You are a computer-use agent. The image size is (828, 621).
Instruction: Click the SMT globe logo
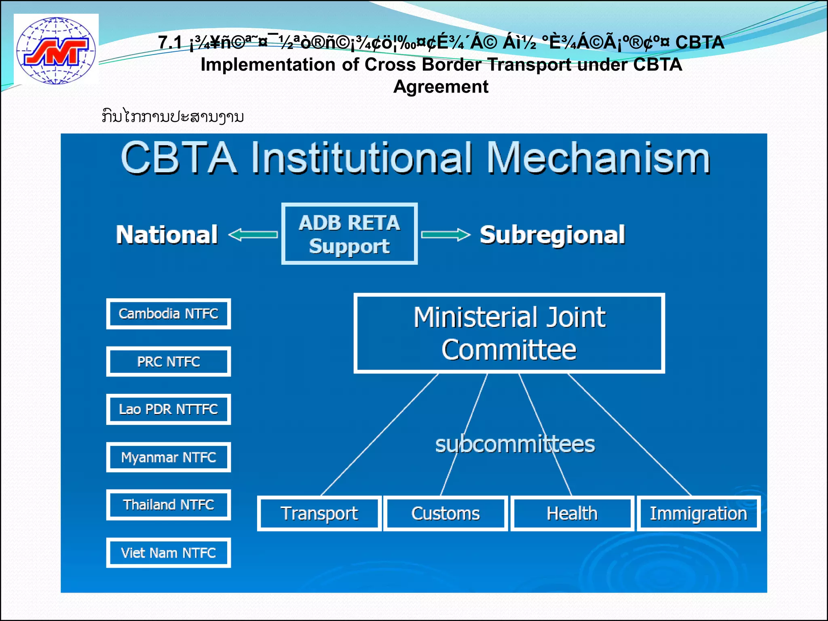click(x=56, y=50)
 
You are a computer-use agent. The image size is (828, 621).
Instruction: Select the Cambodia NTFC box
click(x=168, y=314)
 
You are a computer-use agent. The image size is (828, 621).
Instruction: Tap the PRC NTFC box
click(x=168, y=361)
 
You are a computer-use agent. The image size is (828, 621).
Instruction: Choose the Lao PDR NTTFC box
click(x=168, y=409)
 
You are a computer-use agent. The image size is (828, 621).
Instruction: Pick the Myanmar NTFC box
click(x=168, y=457)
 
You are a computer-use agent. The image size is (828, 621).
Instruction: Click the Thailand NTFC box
click(x=168, y=505)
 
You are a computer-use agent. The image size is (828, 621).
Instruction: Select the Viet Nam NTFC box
click(x=168, y=553)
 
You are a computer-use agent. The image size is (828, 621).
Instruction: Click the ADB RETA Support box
click(x=349, y=234)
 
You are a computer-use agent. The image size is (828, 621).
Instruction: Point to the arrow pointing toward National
click(x=253, y=234)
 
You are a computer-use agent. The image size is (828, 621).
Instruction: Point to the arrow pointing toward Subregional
click(x=446, y=234)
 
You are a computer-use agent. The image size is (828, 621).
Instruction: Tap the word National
click(x=167, y=235)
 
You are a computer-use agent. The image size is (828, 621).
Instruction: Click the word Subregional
click(x=552, y=235)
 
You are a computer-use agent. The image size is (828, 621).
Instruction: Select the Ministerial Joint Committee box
click(x=509, y=333)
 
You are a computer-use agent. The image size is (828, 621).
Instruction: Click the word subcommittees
click(x=515, y=444)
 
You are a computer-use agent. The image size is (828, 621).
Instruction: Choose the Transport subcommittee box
click(x=319, y=513)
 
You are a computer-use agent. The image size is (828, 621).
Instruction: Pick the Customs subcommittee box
click(x=446, y=513)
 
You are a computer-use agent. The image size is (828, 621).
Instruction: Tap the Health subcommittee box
click(x=572, y=513)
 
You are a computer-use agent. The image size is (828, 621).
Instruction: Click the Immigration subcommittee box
click(x=698, y=513)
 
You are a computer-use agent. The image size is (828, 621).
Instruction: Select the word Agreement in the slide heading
click(x=441, y=87)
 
